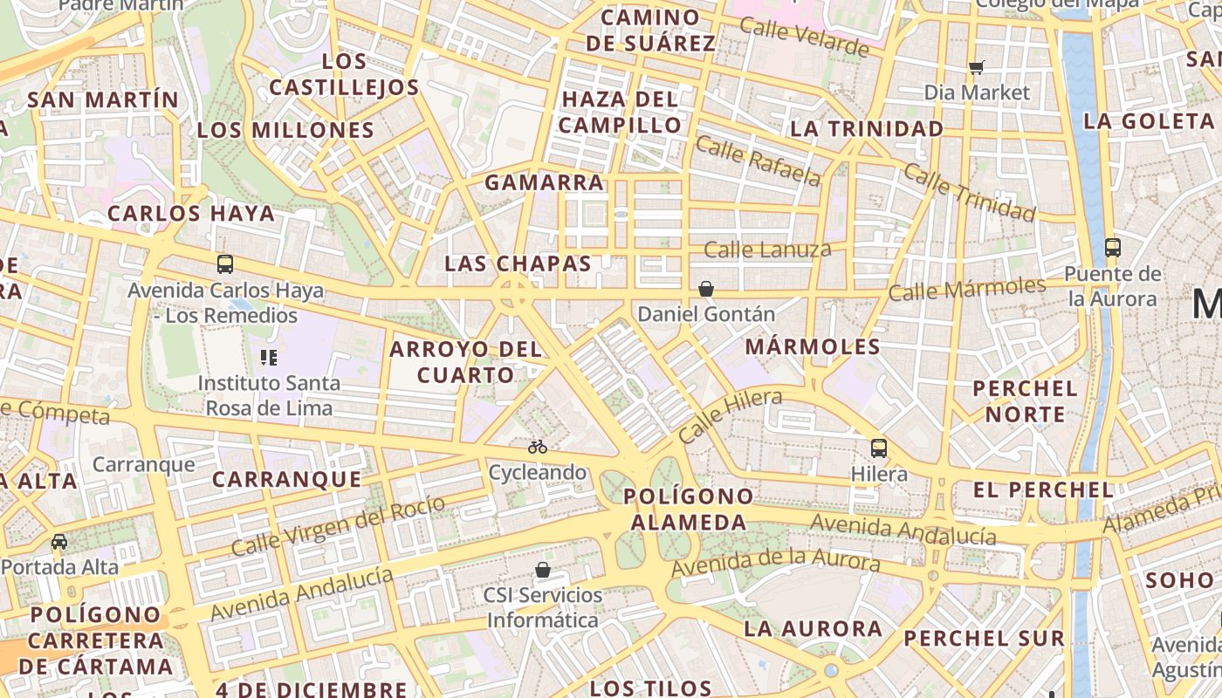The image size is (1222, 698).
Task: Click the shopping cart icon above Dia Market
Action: point(977,67)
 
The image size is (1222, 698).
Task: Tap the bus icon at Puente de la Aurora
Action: point(1112,247)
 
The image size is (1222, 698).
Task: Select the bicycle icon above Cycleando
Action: point(538,447)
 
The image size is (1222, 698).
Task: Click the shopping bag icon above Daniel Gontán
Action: point(706,288)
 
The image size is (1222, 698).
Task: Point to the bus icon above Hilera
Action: point(878,448)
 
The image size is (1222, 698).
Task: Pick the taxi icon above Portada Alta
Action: point(59,542)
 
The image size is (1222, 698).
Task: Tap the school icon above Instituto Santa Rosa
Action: point(269,357)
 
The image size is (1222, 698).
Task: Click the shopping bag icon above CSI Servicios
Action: point(543,570)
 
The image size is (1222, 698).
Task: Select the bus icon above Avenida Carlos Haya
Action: point(225,263)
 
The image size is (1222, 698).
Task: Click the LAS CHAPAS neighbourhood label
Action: point(518,263)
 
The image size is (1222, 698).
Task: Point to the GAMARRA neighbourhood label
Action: point(544,183)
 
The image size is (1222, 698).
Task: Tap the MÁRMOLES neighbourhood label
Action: point(813,347)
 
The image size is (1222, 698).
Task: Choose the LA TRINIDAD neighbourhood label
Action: point(867,129)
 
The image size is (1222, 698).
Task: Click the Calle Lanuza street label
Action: point(767,250)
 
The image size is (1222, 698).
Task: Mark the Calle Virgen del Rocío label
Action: point(339,525)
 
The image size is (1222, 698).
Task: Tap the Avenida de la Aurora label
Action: point(775,562)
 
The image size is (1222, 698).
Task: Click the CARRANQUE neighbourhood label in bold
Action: point(286,480)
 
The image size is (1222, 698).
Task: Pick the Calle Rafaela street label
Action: point(759,161)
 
